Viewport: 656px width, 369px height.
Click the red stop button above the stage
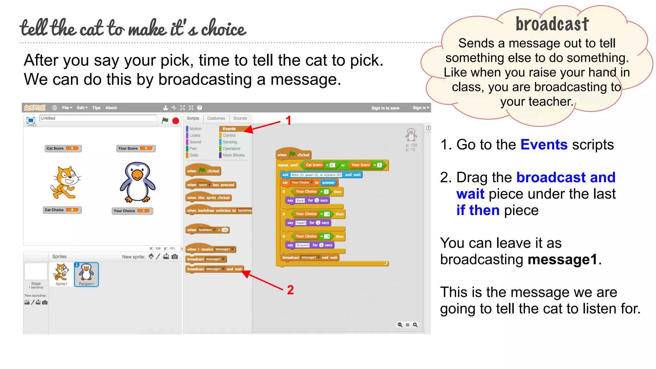176,121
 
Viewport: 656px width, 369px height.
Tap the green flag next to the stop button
165,120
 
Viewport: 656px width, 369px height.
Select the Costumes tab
216,119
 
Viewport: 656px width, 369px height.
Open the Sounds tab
240,119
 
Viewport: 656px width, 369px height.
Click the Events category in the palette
229,129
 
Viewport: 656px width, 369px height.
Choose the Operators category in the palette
231,149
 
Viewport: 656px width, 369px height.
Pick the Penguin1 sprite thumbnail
86,274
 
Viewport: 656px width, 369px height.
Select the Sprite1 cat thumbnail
61,274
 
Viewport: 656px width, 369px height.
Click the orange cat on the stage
65,183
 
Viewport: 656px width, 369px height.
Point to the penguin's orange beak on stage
137,175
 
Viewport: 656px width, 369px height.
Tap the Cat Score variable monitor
63,148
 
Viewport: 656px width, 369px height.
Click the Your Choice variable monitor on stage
132,211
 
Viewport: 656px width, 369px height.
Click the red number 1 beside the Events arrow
289,121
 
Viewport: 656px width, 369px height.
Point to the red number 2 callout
290,290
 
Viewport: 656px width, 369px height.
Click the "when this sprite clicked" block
209,198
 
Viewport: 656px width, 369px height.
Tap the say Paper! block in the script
308,223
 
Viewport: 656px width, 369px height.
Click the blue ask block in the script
321,175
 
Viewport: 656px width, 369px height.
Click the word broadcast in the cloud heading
552,24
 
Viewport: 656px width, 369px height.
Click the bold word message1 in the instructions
562,259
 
